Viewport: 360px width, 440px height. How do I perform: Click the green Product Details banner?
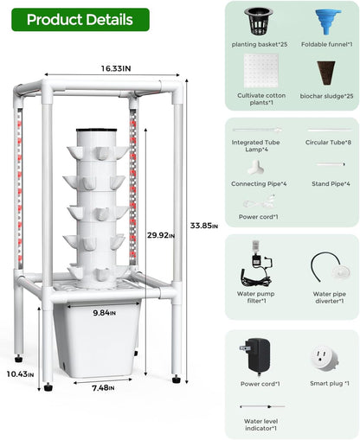pyautogui.click(x=80, y=19)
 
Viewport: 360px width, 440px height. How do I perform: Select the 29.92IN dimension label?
pyautogui.click(x=164, y=233)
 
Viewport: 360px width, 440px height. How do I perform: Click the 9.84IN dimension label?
pyautogui.click(x=103, y=313)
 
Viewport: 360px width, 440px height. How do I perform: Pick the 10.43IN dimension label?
pyautogui.click(x=21, y=373)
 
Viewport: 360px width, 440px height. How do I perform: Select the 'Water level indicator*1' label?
pyautogui.click(x=260, y=424)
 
